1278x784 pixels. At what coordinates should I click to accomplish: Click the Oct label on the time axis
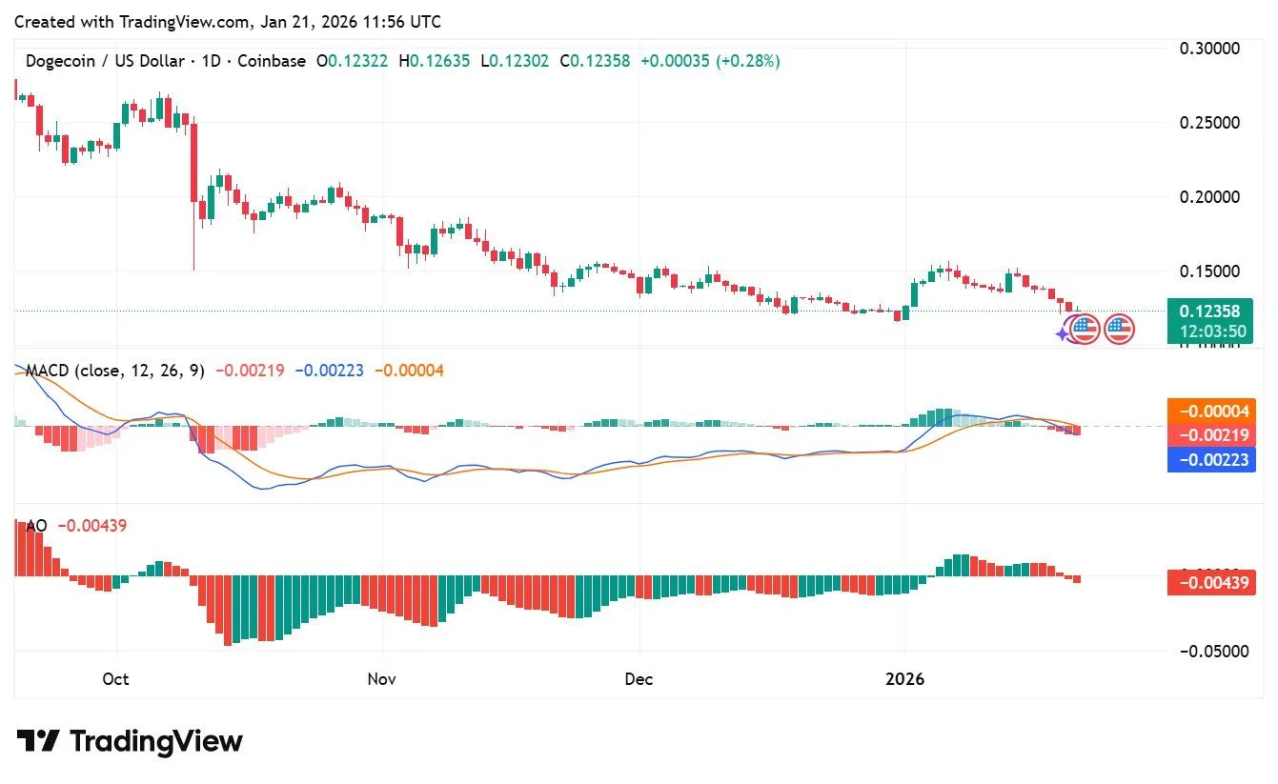click(115, 679)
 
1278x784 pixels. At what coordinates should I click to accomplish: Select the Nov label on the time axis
click(381, 679)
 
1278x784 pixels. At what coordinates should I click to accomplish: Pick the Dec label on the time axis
click(639, 679)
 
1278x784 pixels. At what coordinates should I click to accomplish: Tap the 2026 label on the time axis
click(904, 679)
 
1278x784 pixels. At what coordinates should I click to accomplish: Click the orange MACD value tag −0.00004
click(1210, 412)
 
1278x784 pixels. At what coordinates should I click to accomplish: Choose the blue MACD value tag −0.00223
click(1210, 460)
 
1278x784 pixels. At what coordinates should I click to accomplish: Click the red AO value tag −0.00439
click(1210, 581)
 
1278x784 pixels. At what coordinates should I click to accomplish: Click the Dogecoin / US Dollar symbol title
click(105, 61)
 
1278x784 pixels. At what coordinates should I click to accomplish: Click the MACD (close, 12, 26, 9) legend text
click(114, 371)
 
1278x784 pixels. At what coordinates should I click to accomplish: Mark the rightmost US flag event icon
click(1119, 330)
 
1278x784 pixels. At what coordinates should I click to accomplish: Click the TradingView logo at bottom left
click(130, 741)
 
